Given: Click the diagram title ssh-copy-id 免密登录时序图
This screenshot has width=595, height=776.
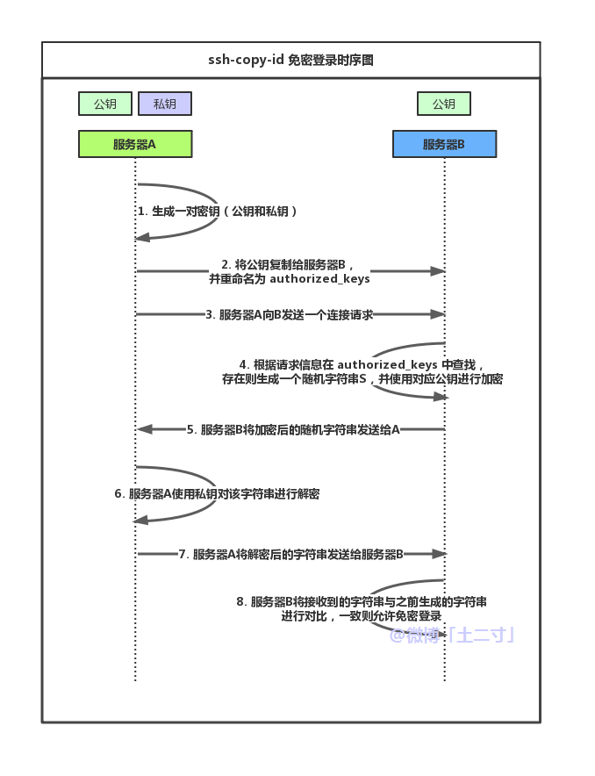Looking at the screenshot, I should click(290, 61).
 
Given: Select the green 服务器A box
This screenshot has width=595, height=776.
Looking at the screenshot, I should click(135, 144).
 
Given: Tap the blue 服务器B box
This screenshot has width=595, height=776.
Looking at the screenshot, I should click(444, 144).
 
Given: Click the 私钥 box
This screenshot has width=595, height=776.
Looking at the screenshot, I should click(165, 104).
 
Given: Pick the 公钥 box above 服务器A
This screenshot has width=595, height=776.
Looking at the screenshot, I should click(105, 104).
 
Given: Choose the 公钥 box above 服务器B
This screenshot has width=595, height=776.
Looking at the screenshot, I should click(444, 104).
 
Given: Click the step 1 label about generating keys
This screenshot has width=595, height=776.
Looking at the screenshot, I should click(218, 212).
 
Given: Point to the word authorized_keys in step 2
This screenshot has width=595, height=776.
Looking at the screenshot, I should click(319, 279).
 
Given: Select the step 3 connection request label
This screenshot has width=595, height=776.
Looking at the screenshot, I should click(290, 314).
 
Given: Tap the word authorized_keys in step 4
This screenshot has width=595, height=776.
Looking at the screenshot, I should click(388, 364).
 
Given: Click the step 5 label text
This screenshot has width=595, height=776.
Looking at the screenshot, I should click(293, 429).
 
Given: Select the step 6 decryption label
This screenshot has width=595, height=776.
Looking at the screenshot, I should click(217, 494).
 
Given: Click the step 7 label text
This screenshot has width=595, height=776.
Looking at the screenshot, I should click(290, 554).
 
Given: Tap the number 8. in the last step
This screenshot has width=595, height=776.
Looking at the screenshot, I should click(241, 602).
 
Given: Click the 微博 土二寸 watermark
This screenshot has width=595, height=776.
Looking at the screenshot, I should click(451, 635).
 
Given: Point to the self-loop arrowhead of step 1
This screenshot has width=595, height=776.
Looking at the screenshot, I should click(142, 238).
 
